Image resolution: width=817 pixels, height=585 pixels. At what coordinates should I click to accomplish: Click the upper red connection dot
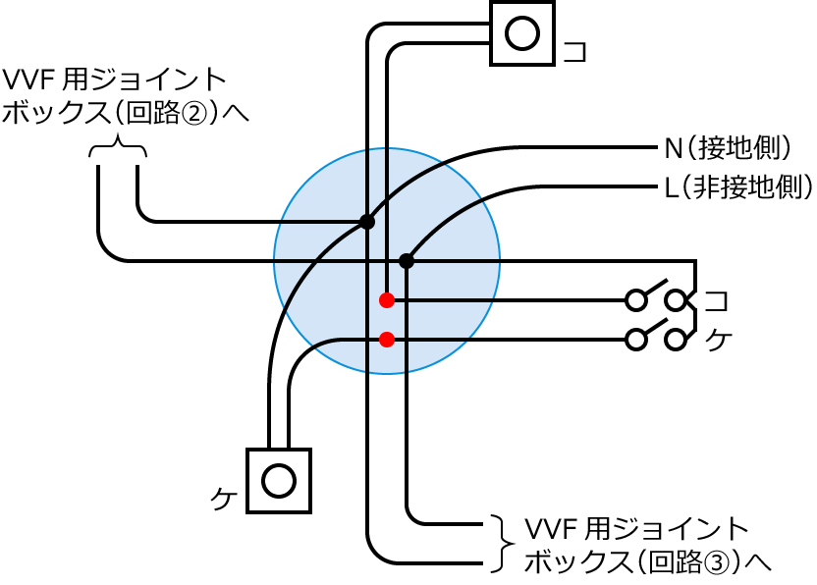click(387, 299)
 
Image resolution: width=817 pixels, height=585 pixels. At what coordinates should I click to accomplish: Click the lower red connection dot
click(387, 340)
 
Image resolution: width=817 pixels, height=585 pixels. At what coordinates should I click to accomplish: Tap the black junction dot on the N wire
click(367, 222)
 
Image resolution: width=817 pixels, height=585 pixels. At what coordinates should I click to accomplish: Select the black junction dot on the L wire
click(407, 260)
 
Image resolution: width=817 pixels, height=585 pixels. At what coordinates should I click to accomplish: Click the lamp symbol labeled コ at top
click(522, 33)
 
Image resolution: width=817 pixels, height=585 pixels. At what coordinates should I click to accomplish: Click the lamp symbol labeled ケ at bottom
click(279, 481)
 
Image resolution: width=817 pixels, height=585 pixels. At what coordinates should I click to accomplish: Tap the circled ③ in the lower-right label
click(716, 561)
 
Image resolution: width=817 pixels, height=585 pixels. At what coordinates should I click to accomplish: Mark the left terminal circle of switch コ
click(637, 299)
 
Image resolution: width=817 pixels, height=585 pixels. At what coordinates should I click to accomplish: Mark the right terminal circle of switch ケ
click(676, 340)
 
